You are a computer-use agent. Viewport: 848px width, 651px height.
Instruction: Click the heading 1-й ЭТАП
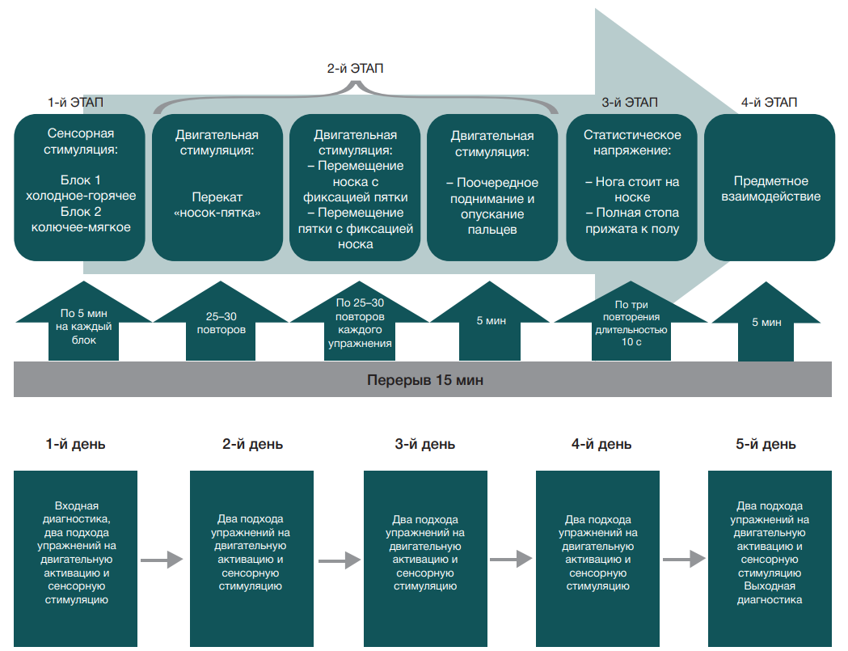click(75, 103)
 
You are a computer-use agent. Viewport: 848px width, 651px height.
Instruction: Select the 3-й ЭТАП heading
click(630, 103)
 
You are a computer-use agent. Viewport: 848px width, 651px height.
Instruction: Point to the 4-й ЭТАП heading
click(769, 103)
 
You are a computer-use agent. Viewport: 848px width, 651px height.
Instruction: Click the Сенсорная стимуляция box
click(81, 188)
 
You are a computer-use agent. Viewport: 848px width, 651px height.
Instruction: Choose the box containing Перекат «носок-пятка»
click(217, 188)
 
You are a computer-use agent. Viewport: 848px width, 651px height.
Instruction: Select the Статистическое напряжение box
click(632, 188)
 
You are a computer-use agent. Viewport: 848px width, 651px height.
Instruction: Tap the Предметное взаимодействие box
click(770, 188)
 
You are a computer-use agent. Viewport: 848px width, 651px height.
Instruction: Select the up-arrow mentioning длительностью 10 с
click(631, 324)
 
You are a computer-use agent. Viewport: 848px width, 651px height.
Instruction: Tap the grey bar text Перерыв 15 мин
click(424, 379)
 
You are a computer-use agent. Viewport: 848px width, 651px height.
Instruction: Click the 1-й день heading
click(75, 444)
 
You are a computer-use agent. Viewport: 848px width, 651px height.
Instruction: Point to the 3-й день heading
click(425, 444)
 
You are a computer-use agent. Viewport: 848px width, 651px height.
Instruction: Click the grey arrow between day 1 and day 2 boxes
click(162, 559)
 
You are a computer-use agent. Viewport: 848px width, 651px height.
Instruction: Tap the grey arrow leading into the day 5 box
click(685, 559)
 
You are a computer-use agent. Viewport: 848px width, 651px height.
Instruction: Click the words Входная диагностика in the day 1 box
click(77, 512)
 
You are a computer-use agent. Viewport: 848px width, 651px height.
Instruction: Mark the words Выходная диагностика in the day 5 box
click(770, 594)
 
